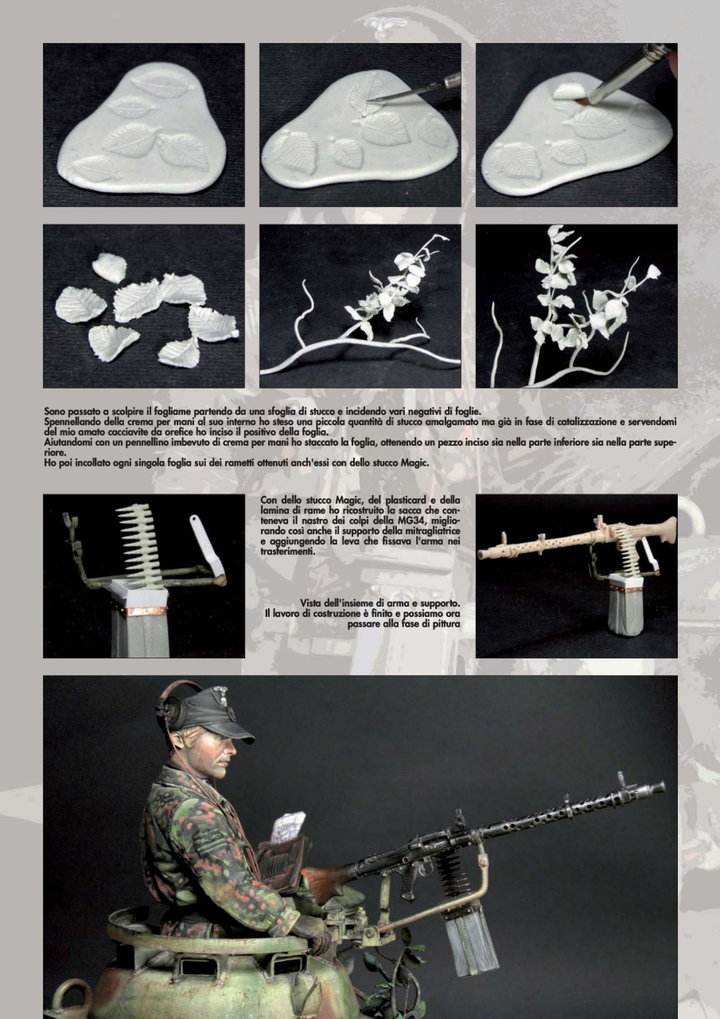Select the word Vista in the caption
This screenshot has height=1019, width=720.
[x=311, y=603]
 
